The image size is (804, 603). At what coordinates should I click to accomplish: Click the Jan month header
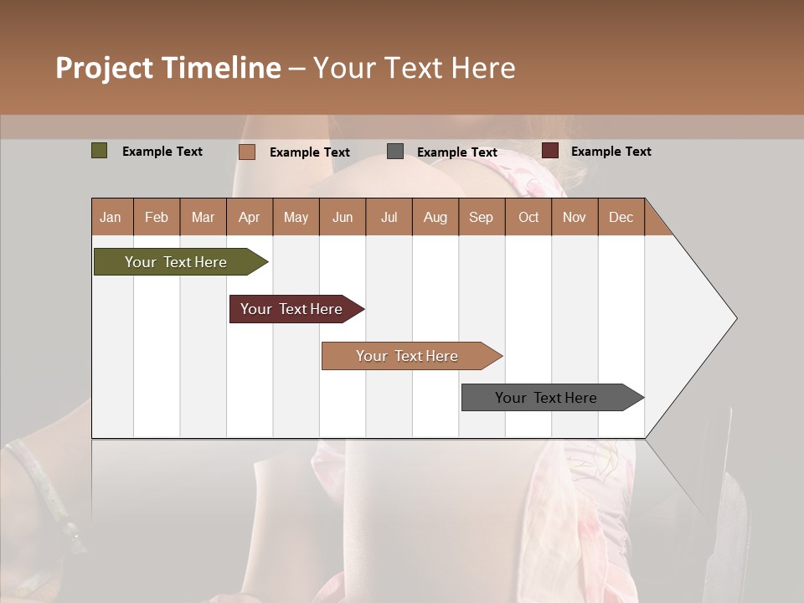(x=111, y=217)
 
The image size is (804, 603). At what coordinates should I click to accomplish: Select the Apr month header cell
(x=249, y=217)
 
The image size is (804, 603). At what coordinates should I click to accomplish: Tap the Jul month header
(x=389, y=217)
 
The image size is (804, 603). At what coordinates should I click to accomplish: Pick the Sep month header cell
(x=481, y=217)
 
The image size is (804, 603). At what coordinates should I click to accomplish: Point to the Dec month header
(x=621, y=217)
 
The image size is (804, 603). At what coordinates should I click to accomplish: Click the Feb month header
(x=157, y=217)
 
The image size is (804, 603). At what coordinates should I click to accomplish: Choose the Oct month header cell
(x=528, y=217)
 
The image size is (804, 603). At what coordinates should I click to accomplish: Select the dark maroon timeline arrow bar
(x=293, y=309)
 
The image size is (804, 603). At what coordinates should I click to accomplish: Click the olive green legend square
(x=100, y=151)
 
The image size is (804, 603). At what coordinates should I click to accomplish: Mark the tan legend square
(x=247, y=152)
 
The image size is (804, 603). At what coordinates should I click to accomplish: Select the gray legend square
(x=395, y=152)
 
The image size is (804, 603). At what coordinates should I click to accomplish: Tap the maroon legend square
(x=550, y=151)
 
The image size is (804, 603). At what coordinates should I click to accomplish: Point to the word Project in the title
(x=104, y=68)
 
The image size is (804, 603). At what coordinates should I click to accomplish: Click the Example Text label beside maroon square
(x=611, y=152)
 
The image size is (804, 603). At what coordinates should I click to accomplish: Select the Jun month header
(x=343, y=217)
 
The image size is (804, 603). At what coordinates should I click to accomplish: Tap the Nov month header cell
(x=575, y=217)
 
